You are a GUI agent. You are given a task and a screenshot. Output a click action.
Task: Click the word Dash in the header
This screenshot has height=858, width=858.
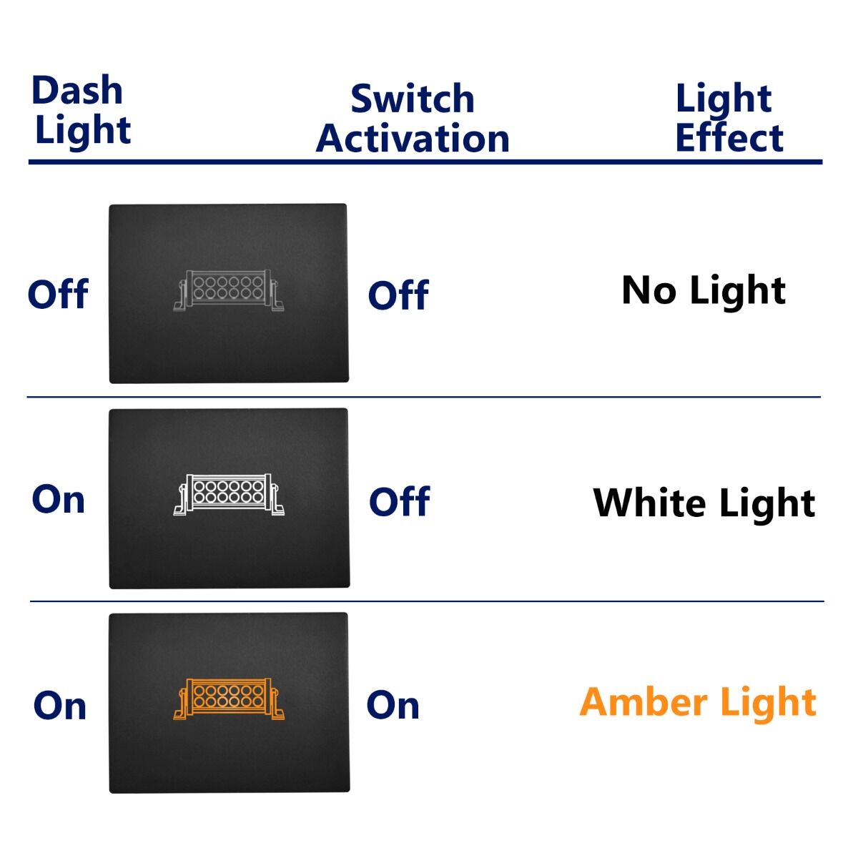point(77,90)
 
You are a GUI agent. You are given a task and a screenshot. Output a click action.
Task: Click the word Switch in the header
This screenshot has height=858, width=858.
point(413,99)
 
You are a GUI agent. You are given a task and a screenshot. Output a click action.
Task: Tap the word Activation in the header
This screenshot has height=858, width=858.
point(413,138)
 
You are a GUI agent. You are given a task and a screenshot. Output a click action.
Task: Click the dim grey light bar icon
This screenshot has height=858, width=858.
point(228,290)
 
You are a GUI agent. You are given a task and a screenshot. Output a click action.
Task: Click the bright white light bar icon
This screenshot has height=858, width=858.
point(229,495)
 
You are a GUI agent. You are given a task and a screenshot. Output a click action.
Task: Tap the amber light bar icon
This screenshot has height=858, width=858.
point(229,699)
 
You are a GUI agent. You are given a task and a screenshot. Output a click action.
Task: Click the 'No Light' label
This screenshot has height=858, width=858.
point(704,290)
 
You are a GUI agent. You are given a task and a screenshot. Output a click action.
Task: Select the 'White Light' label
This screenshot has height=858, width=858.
point(704,503)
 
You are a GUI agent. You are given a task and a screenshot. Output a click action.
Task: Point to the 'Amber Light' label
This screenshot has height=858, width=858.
point(698,701)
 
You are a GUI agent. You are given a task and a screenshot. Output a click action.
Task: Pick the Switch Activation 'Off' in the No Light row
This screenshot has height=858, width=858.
point(398,295)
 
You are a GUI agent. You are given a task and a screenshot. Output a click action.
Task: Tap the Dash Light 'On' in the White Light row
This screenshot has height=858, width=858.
point(59,500)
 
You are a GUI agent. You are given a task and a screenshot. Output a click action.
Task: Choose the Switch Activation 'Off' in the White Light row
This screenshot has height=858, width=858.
point(400,501)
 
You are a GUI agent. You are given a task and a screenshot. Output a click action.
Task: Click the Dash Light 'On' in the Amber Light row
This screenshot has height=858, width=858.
point(59,706)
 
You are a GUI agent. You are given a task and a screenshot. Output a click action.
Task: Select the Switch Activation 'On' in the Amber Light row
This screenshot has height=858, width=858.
point(393,705)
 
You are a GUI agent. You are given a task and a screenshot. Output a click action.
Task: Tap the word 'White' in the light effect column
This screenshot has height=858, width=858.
point(649,502)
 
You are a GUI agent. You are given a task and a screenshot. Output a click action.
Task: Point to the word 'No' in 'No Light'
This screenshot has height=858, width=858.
point(649,290)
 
